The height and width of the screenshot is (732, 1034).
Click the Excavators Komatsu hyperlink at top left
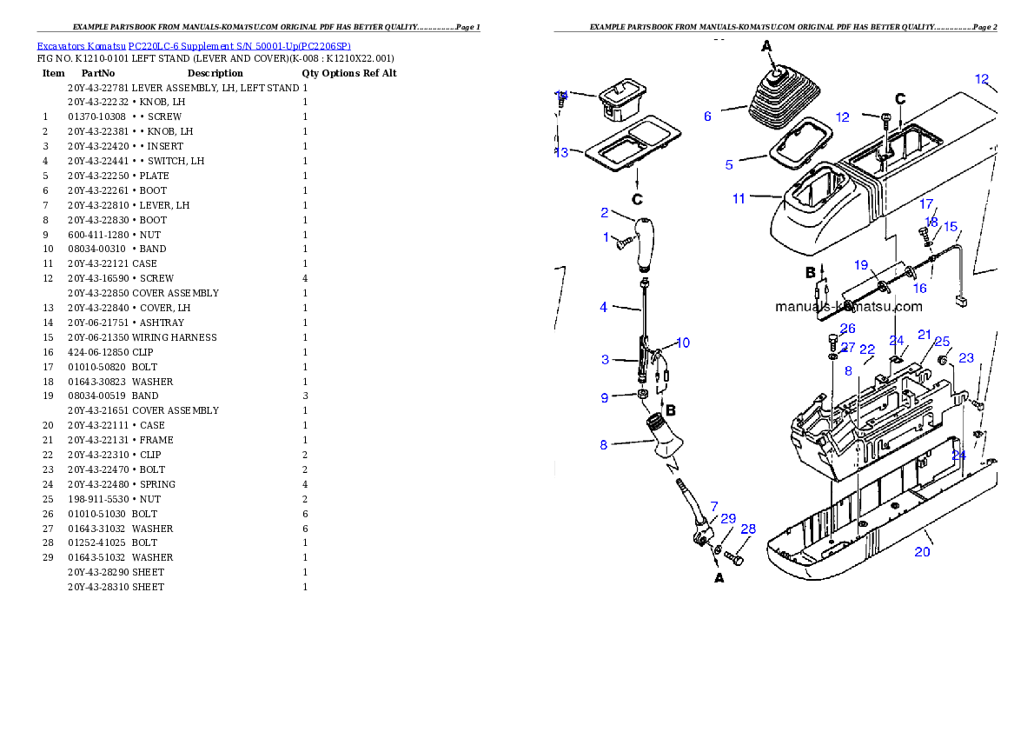(x=194, y=46)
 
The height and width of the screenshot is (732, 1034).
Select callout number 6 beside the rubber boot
(x=707, y=116)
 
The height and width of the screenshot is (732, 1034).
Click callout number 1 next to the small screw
(x=606, y=237)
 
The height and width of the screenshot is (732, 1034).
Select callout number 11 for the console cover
(x=739, y=199)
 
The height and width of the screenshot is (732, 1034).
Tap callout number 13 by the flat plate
(x=561, y=153)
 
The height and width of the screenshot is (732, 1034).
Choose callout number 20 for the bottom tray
(x=922, y=552)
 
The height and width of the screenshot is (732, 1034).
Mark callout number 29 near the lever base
(x=728, y=519)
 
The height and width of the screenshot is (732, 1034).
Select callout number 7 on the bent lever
(x=714, y=506)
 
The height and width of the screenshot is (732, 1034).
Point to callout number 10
(x=682, y=343)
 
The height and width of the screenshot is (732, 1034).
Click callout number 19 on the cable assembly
(x=860, y=265)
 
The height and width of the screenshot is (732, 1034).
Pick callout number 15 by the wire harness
(x=951, y=227)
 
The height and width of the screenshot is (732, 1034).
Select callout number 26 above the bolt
(x=848, y=329)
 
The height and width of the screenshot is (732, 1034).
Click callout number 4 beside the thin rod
(x=604, y=307)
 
